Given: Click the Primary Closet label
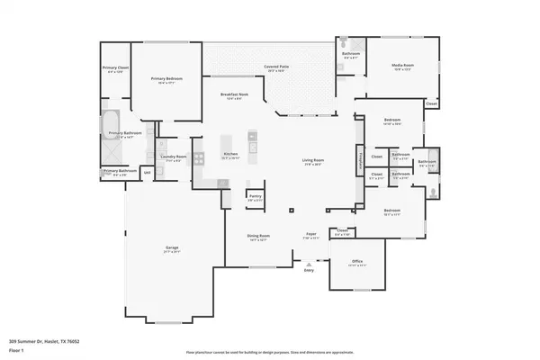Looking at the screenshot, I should point(114,67).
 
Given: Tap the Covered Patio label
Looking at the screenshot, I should point(276,67).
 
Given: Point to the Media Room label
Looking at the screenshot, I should point(402,66).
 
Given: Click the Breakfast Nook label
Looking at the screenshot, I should point(233,94).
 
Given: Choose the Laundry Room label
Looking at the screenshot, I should point(175,156).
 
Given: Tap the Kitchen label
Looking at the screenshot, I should point(229,155).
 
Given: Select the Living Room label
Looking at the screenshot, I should point(312,161).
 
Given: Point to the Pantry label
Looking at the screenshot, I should point(255,195).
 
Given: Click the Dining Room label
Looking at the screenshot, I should point(259,237).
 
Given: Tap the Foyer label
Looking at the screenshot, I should point(310,234).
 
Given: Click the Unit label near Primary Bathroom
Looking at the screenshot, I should point(147,171).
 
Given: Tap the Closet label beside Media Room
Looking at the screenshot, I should point(431,103).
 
